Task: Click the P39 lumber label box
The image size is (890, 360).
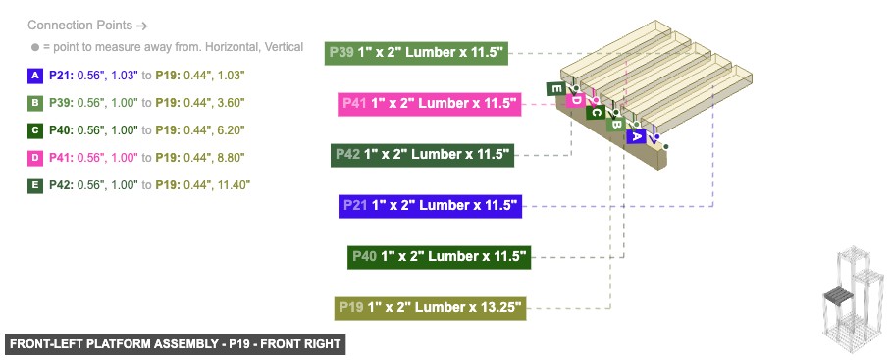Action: (x=416, y=53)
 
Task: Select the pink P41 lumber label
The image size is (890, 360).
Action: (x=429, y=104)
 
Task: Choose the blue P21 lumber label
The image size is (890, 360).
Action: (x=429, y=206)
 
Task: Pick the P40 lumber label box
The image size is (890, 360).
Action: (x=439, y=257)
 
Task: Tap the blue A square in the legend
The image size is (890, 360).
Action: (x=35, y=75)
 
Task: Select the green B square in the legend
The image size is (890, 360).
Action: (x=35, y=102)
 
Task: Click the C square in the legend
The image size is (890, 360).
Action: (x=35, y=129)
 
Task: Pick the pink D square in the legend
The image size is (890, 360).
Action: (x=35, y=157)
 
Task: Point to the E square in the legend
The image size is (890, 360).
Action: (x=35, y=184)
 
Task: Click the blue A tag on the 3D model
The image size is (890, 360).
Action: (x=636, y=136)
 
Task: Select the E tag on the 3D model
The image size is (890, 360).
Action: (x=555, y=89)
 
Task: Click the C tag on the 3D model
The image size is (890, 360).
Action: (x=595, y=113)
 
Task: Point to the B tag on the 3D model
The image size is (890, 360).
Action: (x=615, y=125)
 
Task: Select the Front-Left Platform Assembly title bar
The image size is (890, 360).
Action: (x=176, y=344)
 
